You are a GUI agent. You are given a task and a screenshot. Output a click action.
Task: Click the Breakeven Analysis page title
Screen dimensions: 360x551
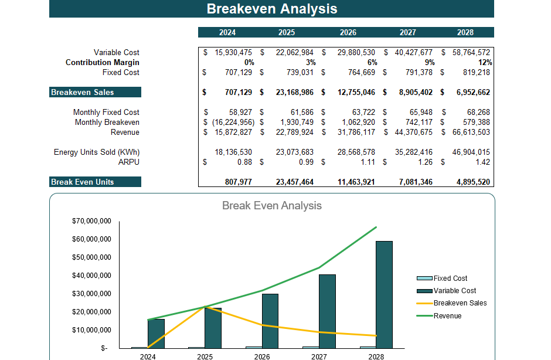coord(272,9)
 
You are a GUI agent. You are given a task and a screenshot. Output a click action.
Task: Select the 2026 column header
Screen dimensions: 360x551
coord(348,32)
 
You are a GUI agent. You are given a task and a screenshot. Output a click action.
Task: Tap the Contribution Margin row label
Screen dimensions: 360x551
coord(103,62)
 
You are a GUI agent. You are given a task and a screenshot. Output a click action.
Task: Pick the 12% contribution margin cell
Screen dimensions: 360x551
coord(485,62)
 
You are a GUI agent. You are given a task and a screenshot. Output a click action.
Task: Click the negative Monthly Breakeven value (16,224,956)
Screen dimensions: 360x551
coord(230,122)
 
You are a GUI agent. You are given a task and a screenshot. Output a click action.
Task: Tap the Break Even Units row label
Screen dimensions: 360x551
coord(83,182)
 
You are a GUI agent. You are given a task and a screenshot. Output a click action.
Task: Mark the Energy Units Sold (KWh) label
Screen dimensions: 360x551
coord(97,152)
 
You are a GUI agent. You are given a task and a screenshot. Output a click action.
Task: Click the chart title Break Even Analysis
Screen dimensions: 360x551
coord(272,206)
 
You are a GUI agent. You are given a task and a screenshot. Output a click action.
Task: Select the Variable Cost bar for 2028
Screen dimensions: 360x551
coord(385,294)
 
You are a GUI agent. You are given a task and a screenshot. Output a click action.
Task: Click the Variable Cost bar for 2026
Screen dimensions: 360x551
coord(270,321)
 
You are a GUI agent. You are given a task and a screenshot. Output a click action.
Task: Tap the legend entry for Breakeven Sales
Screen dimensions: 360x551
coord(460,303)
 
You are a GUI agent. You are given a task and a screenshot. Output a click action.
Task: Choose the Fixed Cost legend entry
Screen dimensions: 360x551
coord(450,279)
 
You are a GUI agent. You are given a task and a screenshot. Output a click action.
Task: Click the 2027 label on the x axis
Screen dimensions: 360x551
coord(319,356)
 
